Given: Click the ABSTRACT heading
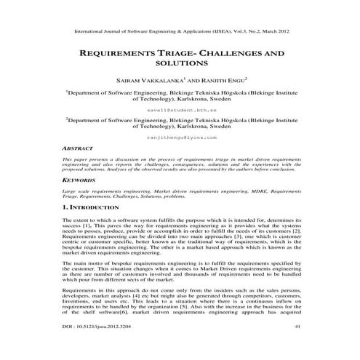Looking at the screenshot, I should click(x=80, y=146).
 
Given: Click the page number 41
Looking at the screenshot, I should click(x=297, y=347).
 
